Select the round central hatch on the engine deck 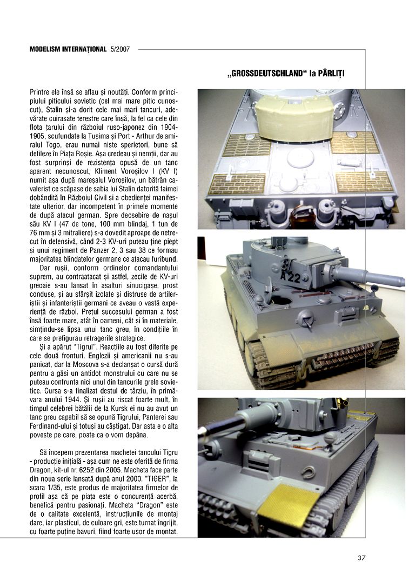click(x=300, y=157)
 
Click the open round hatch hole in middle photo click(x=282, y=299)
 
